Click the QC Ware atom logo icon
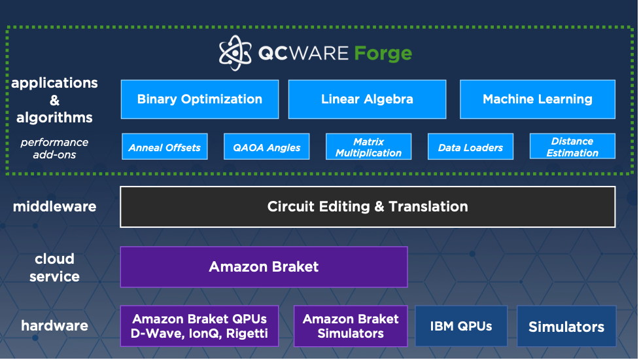pos(235,52)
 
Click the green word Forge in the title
pos(383,53)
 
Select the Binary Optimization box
pos(199,99)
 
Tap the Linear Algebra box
pos(367,99)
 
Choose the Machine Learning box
pos(538,99)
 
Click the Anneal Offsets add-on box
pos(165,147)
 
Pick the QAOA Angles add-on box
pos(267,147)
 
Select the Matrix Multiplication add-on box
pos(368,147)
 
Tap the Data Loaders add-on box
pos(470,147)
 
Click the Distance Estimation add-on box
pos(572,147)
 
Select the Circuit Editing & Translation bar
pos(368,207)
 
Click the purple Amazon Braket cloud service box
pos(264,267)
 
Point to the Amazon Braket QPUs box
pos(199,326)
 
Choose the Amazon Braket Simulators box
pos(351,326)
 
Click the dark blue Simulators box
pos(566,327)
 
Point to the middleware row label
pos(54,207)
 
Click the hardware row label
pos(54,326)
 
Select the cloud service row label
pos(54,267)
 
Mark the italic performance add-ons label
pos(54,148)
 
